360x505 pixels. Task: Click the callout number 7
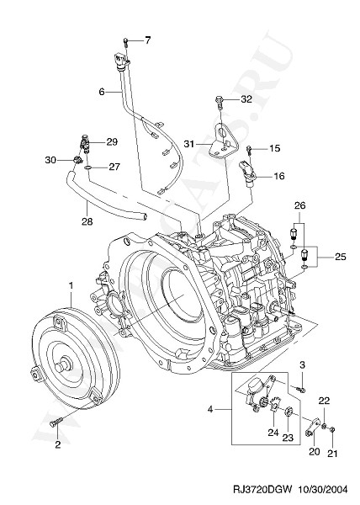[x=147, y=40]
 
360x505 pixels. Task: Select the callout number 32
[x=246, y=99]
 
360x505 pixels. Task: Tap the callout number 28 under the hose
[x=87, y=221]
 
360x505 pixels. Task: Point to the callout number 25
[x=340, y=257]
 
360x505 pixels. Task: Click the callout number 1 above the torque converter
[x=71, y=285]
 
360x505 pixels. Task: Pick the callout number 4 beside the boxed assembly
[x=210, y=410]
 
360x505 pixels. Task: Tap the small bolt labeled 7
[x=125, y=42]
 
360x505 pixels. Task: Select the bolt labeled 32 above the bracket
[x=220, y=101]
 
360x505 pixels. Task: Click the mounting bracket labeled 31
[x=223, y=141]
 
